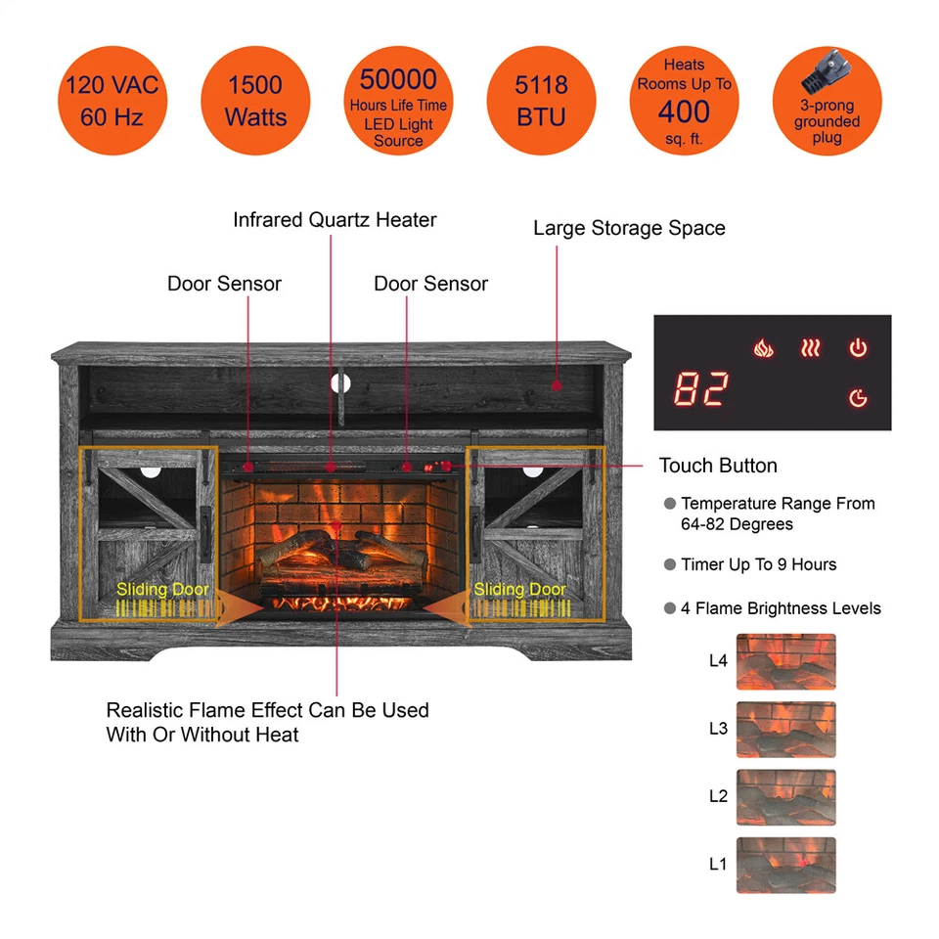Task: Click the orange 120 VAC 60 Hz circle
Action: coord(112,101)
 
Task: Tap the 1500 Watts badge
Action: coord(255,101)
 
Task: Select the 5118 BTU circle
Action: coord(541,101)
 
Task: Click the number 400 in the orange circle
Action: coord(684,112)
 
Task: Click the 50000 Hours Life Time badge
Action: coord(398,101)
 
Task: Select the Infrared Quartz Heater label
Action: coord(335,220)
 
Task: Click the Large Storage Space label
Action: coord(629,228)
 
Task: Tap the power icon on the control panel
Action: coord(858,347)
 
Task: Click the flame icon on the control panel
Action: coord(763,347)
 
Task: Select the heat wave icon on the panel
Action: coord(810,347)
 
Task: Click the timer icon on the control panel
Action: coord(858,397)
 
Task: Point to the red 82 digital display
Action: coord(700,390)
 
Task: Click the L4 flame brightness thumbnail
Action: coord(785,662)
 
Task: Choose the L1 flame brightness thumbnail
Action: coord(785,866)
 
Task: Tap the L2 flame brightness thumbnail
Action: coord(785,797)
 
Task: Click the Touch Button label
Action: coord(718,466)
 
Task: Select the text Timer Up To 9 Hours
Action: coord(758,564)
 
